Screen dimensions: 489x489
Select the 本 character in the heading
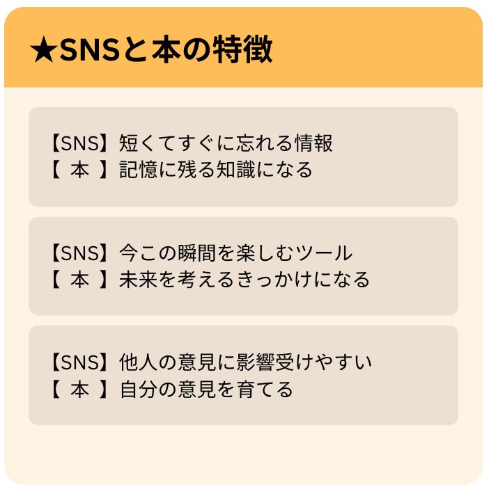(169, 50)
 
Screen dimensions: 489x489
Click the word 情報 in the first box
(315, 143)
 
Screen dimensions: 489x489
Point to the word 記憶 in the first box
(138, 170)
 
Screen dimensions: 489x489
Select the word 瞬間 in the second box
(199, 253)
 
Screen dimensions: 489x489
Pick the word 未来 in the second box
(138, 280)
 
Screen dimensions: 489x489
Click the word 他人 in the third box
(138, 362)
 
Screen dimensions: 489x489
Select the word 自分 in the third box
(138, 389)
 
